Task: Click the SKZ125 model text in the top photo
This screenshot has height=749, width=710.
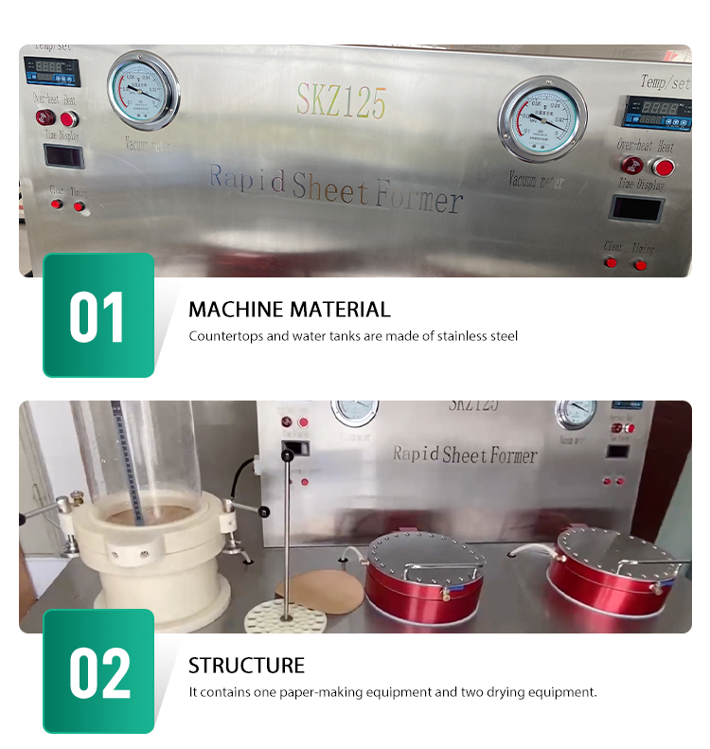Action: (x=342, y=100)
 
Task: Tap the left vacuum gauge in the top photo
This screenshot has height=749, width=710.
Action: (x=144, y=92)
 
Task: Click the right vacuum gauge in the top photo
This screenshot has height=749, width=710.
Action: (x=542, y=118)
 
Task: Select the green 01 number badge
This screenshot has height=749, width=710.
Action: (x=98, y=315)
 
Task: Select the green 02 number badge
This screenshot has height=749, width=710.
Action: (x=98, y=670)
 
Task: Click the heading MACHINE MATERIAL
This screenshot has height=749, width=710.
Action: (x=289, y=310)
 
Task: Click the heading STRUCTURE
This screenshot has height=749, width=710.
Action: (x=246, y=665)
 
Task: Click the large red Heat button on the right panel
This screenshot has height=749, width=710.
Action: (x=665, y=168)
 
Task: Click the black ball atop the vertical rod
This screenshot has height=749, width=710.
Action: (x=287, y=456)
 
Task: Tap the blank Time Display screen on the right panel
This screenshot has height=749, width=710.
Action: (x=634, y=208)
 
